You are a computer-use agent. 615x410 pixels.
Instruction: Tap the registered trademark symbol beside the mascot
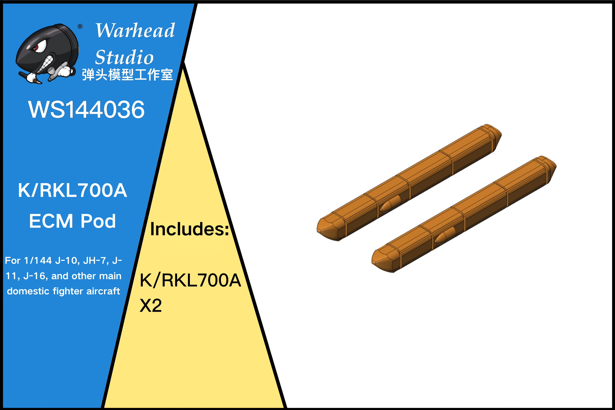[80, 26]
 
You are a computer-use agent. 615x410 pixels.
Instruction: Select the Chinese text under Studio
[127, 75]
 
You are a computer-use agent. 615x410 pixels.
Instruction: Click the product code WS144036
[86, 109]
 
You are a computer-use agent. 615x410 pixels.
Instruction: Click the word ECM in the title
[51, 221]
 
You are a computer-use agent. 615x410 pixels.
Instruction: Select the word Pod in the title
[98, 221]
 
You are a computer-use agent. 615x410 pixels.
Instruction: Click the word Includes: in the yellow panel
[190, 229]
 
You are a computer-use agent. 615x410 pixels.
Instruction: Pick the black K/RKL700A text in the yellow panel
[190, 280]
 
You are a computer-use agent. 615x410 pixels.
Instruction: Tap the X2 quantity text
[151, 305]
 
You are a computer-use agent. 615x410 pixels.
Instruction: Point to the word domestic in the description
[28, 291]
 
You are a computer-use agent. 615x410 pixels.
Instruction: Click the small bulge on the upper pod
[390, 203]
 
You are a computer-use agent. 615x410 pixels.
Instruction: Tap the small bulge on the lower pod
[445, 235]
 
